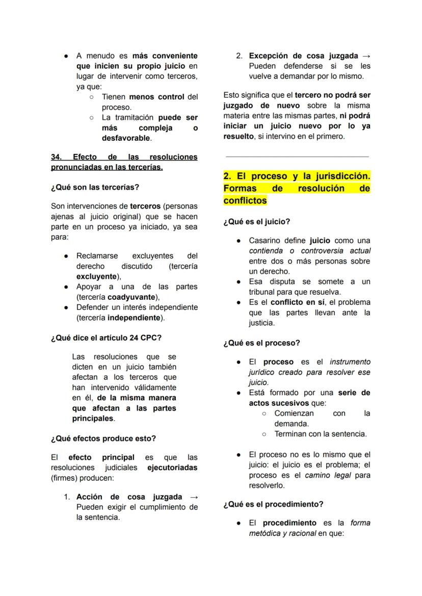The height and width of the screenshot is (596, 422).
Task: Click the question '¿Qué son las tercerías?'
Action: point(95,187)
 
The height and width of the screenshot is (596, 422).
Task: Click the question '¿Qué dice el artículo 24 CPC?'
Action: point(106,338)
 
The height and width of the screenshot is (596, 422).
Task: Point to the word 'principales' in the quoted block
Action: point(92,419)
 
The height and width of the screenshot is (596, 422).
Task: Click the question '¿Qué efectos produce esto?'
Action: point(103,438)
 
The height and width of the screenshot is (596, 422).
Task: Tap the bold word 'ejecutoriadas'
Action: point(172,468)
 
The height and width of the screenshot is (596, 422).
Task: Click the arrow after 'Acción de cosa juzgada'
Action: point(193,497)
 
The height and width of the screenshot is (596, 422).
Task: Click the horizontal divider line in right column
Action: point(297,157)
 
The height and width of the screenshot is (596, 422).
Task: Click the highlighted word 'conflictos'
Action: point(245,200)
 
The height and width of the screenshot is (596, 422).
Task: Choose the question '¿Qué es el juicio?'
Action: point(256,222)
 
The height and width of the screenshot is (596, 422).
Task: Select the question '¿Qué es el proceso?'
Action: point(261,343)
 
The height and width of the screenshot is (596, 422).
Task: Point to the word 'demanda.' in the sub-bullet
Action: point(292,424)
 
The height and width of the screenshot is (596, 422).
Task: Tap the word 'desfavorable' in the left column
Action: point(125,138)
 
